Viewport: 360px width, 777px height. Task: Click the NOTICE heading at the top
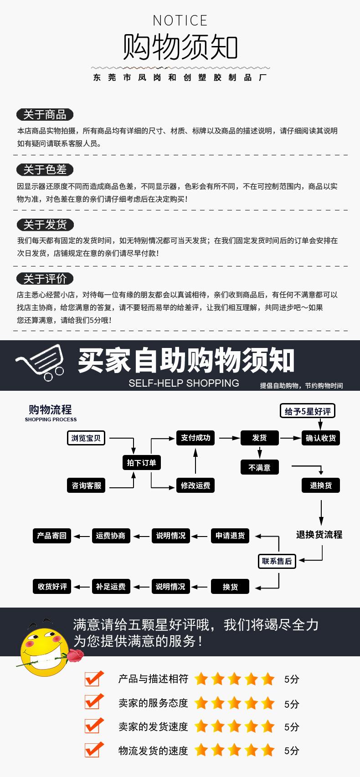coord(180,20)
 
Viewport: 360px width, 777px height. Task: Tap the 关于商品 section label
coord(45,114)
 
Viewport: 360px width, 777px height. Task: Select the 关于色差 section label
coord(45,170)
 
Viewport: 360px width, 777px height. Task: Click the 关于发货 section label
coord(45,225)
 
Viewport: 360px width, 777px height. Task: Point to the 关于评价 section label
coord(45,279)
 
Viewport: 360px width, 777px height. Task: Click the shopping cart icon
coord(40,362)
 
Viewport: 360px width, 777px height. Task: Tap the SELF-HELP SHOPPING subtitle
coord(184,383)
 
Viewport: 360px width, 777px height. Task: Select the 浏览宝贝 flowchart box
coord(86,438)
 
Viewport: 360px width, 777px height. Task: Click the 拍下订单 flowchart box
coord(141,463)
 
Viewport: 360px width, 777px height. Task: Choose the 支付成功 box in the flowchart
coord(195,438)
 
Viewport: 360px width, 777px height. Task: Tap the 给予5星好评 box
coord(308,411)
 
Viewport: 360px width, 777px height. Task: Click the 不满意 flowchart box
coord(259,467)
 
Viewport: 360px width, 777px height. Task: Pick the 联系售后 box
coord(277,561)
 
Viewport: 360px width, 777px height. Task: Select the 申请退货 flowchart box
coord(230,536)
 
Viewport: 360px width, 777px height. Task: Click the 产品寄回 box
coord(52,536)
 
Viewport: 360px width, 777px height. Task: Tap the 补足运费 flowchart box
coord(111,587)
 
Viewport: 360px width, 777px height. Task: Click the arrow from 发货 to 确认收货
coord(290,438)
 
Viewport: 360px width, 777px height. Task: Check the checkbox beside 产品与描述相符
coord(94,679)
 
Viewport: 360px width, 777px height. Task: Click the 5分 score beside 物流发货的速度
coord(292,751)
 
